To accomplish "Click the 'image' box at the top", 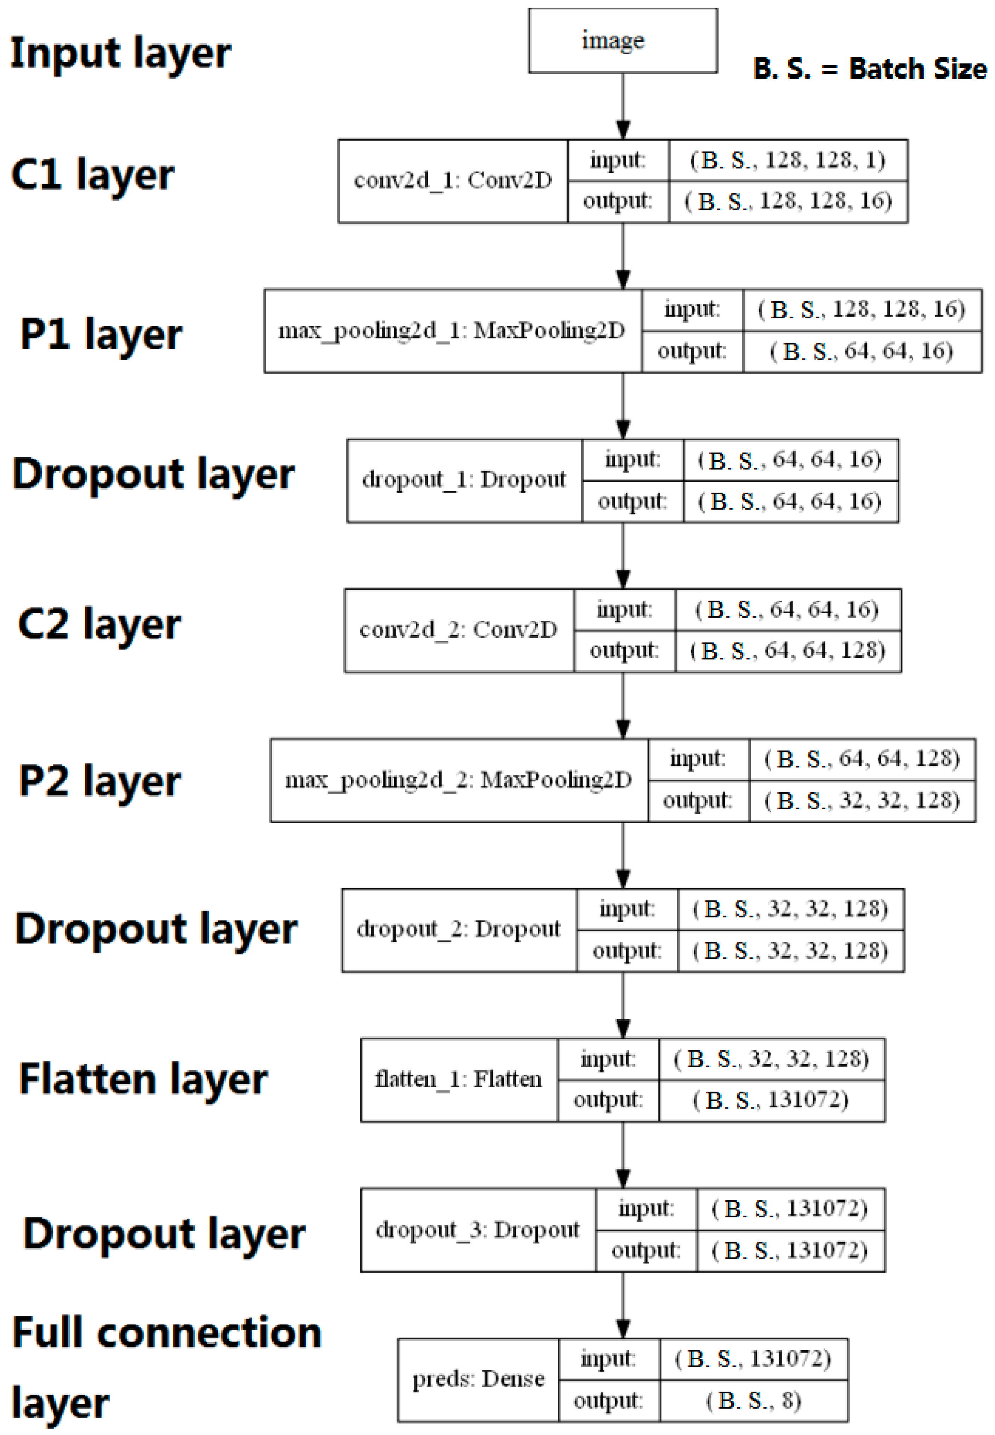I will coord(622,40).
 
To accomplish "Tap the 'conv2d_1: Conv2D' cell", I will coord(453,181).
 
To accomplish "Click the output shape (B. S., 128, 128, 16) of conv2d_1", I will coord(788,201).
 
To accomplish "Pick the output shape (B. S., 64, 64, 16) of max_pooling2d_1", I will coord(862,352).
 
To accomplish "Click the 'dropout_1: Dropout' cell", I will coord(464,480).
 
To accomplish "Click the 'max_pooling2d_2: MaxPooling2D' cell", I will coord(458,780).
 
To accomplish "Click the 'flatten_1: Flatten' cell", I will coord(458,1079).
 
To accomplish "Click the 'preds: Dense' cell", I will coord(478,1379).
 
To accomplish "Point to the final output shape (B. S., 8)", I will coord(753,1401).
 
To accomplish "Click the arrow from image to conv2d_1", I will coord(622,106).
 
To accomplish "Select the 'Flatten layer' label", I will coord(143,1079).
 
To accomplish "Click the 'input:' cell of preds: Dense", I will coord(608,1358).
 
